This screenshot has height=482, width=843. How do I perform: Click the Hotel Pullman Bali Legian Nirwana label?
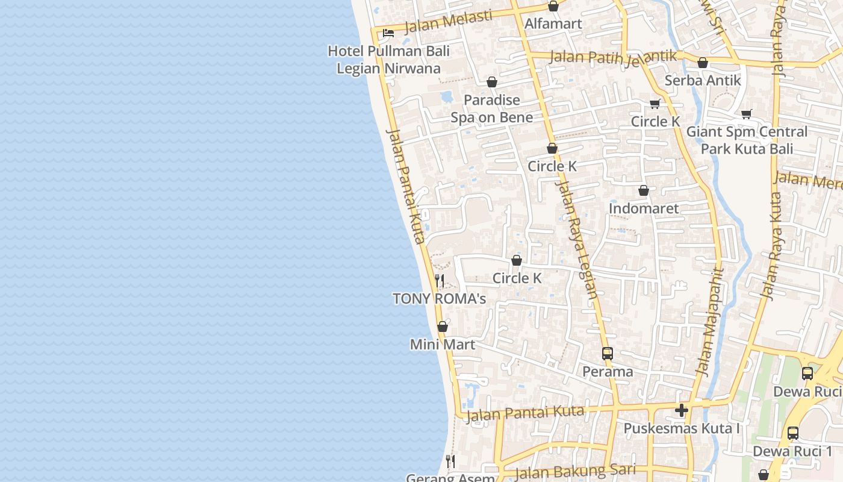point(388,60)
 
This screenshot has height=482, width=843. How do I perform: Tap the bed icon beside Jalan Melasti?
point(388,33)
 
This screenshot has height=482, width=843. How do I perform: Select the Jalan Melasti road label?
point(448,22)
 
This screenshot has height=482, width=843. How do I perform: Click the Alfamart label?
point(553,23)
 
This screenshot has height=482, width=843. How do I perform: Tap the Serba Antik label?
point(703,80)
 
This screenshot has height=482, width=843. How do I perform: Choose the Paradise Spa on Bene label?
point(492,108)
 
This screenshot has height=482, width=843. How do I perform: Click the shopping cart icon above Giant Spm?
point(747,114)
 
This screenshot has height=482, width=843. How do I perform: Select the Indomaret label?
point(644,208)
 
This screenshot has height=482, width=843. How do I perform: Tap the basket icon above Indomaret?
point(644,191)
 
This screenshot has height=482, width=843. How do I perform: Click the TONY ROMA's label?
point(439,299)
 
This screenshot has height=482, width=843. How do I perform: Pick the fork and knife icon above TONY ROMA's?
point(440,281)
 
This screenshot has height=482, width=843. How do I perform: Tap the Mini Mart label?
point(443,345)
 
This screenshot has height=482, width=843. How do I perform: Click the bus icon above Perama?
point(608,354)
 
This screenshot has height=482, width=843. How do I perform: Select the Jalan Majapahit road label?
point(709,322)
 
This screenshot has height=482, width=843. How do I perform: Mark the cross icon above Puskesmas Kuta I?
point(682,411)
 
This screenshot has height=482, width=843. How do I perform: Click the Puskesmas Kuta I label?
point(682,428)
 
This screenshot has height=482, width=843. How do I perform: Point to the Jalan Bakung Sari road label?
point(575,470)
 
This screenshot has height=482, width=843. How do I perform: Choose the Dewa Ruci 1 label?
point(792,451)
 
